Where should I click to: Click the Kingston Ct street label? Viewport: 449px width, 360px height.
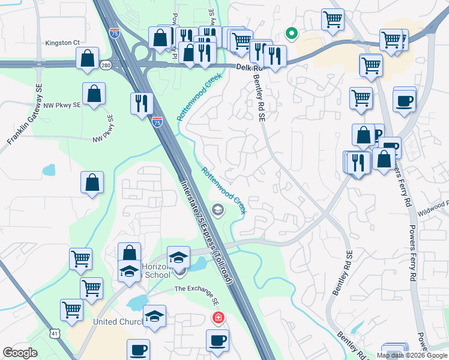pos(63,43)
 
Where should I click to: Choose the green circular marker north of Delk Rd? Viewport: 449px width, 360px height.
pos(291,33)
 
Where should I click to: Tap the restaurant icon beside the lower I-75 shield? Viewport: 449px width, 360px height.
pos(142,103)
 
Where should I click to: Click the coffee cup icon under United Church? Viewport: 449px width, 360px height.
pos(138,349)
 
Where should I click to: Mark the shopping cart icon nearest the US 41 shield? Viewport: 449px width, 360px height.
pos(71,310)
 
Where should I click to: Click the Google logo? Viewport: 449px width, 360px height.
pos(20,353)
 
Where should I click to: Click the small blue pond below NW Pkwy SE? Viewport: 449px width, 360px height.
pos(48,170)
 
